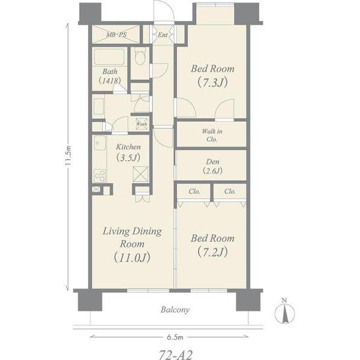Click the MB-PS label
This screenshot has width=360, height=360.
[x=116, y=35]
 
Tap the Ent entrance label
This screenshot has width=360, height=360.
[x=163, y=35]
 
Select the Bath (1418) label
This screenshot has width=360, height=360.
[x=110, y=76]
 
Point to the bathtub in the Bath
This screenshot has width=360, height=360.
[x=110, y=57]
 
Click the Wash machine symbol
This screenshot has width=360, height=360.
[x=142, y=124]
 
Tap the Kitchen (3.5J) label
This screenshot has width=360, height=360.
[x=128, y=152]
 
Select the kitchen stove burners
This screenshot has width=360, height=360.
[x=100, y=176]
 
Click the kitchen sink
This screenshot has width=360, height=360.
[x=100, y=143]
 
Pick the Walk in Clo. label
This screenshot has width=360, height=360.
[x=212, y=135]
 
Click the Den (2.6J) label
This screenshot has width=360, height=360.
[x=212, y=166]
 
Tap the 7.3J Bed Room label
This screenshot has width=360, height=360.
[x=212, y=76]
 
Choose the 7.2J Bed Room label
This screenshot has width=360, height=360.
[x=212, y=245]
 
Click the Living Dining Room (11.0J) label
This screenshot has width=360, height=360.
[x=132, y=245]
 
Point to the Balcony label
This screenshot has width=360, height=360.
[x=175, y=310]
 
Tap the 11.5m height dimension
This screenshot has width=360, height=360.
[x=68, y=155]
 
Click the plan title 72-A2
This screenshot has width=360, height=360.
[x=176, y=355]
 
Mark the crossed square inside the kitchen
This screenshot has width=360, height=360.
[x=140, y=174]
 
